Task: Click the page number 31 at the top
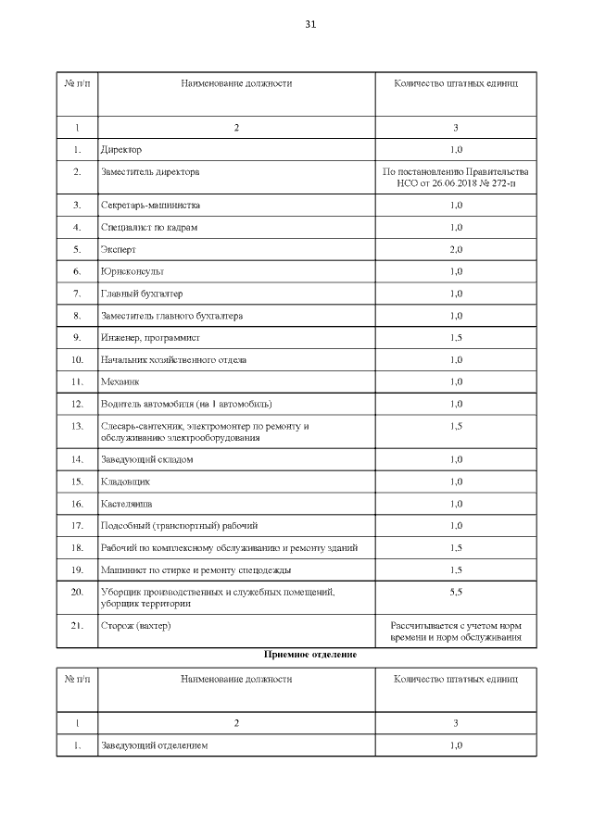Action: (310, 24)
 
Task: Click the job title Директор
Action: (120, 149)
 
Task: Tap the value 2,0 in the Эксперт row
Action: (456, 249)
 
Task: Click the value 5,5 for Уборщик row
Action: (456, 591)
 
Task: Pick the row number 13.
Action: (77, 426)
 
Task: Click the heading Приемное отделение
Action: (310, 654)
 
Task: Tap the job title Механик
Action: (119, 381)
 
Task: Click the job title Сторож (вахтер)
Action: (136, 626)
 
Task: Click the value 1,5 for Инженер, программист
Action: (456, 338)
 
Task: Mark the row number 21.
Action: (77, 626)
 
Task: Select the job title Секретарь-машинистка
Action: (150, 205)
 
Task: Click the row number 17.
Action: (77, 526)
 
